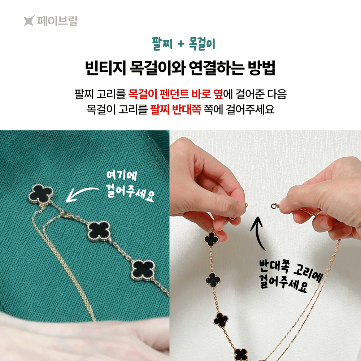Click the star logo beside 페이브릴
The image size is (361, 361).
click(30, 21)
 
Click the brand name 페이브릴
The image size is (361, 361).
click(57, 21)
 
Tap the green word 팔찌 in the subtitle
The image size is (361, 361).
click(162, 44)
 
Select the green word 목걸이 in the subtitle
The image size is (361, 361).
click(202, 44)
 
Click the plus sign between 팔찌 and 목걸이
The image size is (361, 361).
click(181, 44)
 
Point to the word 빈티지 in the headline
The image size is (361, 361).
click(106, 68)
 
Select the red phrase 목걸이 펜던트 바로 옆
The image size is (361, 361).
click(175, 94)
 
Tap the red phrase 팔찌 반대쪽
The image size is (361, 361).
click(176, 109)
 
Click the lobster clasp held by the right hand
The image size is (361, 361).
click(275, 206)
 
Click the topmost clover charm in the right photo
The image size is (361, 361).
click(212, 239)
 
